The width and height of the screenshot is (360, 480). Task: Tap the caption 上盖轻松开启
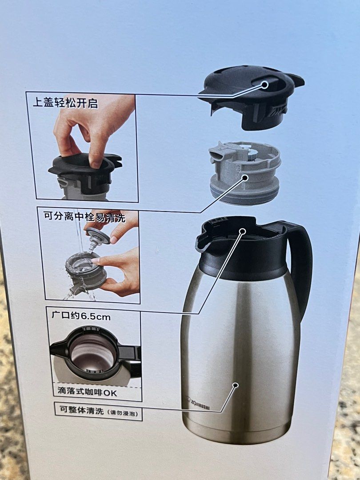pos(65,104)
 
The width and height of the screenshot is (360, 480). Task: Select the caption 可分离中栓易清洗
pos(84,217)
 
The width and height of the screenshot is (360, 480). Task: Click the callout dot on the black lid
pos(265,85)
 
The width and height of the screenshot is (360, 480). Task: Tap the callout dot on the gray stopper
pos(244,178)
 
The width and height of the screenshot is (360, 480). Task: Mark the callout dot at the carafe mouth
pos(243,231)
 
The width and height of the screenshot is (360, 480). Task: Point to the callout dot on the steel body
pos(236,385)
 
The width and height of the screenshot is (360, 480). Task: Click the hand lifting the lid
pos(89,129)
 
